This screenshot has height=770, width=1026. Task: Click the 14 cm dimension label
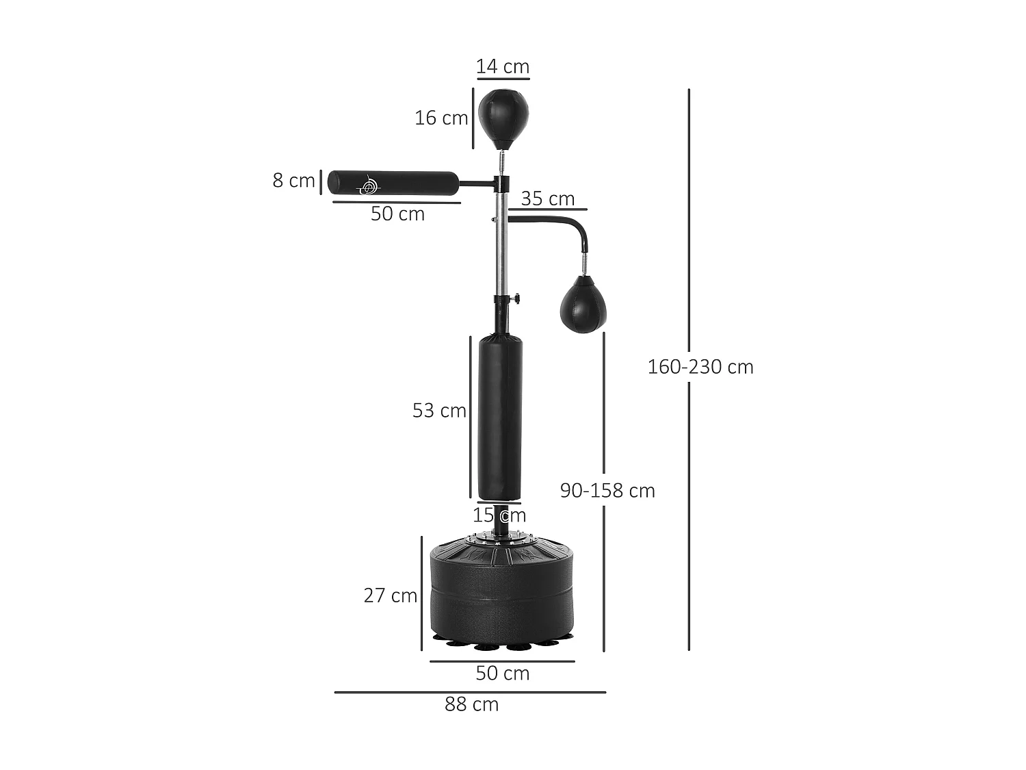503,66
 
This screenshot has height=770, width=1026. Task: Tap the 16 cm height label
441,118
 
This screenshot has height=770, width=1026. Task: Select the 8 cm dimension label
293,180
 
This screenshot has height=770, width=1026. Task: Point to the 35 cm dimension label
547,198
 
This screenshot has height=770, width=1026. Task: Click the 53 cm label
439,410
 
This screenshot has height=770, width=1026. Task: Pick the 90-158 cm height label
607,490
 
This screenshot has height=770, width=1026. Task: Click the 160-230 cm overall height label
700,367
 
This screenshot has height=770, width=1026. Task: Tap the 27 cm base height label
390,595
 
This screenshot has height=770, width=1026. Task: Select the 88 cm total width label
471,704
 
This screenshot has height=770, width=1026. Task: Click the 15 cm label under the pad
499,515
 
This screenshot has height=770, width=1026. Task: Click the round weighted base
503,589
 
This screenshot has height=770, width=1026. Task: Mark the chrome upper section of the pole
501,246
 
